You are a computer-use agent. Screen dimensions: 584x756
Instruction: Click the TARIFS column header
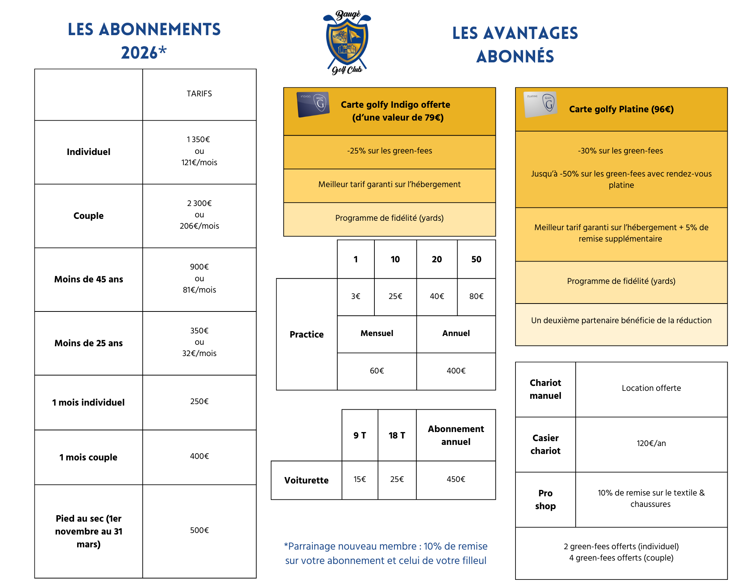coord(199,94)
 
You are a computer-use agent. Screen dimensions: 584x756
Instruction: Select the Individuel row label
coord(88,152)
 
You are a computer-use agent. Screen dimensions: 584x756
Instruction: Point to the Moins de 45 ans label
coord(88,279)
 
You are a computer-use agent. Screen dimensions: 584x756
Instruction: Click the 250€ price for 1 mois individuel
coord(199,401)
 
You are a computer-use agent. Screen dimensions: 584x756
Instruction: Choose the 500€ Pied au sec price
coord(199,530)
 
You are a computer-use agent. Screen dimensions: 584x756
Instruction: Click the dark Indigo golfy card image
coord(313,104)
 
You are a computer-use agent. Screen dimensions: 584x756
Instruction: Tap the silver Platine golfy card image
coord(540,104)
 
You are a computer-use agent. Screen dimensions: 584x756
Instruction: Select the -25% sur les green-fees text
coord(390,151)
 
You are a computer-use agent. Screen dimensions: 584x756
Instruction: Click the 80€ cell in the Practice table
coord(476,296)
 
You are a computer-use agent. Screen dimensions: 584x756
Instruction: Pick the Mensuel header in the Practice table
coord(377,333)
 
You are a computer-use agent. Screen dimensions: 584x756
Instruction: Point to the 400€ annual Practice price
coord(456,371)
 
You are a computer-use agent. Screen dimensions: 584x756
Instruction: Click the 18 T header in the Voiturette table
coord(397,435)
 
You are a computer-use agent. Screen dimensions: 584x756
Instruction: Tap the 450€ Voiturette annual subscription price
coord(456,479)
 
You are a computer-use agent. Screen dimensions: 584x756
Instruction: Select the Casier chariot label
coord(545,445)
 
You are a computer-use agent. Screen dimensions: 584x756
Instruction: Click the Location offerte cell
coord(651,388)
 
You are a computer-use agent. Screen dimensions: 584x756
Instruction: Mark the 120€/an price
coord(651,443)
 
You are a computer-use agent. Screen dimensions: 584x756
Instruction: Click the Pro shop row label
coord(545,500)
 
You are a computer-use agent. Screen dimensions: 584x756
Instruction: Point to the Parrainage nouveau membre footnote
coord(386,553)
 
